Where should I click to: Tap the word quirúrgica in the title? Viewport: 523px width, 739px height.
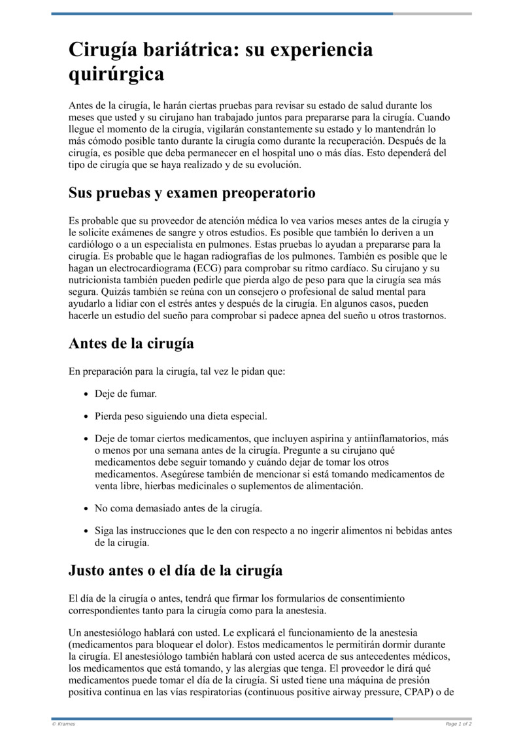coord(116,74)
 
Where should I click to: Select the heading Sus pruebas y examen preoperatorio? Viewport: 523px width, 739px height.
coord(192,194)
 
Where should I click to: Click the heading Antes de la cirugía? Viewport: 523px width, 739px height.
coord(131,343)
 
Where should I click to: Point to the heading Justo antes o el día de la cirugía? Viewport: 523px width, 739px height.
coord(175,570)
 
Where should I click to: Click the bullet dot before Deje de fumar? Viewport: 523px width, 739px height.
coord(87,394)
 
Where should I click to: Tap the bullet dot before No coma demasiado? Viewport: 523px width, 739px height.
coord(87,508)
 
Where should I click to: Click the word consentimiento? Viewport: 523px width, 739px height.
coord(373,598)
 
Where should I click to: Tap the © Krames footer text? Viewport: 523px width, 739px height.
coord(64,724)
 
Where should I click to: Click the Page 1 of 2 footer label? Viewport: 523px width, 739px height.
coord(458,724)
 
